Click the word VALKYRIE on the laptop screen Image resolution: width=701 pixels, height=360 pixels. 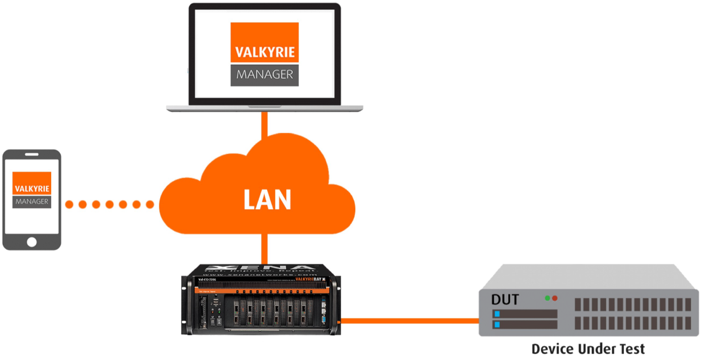click(265, 52)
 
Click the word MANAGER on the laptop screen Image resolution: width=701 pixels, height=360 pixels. click(265, 75)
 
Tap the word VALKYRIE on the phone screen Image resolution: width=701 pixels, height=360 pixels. click(32, 189)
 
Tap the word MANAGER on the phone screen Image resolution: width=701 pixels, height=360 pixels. click(32, 202)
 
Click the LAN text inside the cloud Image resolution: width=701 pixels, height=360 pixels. click(267, 200)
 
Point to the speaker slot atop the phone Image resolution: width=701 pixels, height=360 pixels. click(32, 155)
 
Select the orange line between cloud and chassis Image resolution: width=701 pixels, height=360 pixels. click(265, 248)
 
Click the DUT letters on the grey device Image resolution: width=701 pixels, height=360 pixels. click(505, 300)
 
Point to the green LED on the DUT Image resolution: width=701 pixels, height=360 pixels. click(547, 298)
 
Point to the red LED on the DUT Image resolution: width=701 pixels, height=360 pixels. click(555, 298)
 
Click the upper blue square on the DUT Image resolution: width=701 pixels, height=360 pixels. click(497, 314)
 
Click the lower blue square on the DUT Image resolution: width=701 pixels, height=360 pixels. click(497, 325)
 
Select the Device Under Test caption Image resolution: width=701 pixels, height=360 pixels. click(588, 349)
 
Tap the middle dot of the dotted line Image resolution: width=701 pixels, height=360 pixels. click(110, 204)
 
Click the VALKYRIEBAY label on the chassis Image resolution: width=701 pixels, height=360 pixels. click(308, 279)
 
